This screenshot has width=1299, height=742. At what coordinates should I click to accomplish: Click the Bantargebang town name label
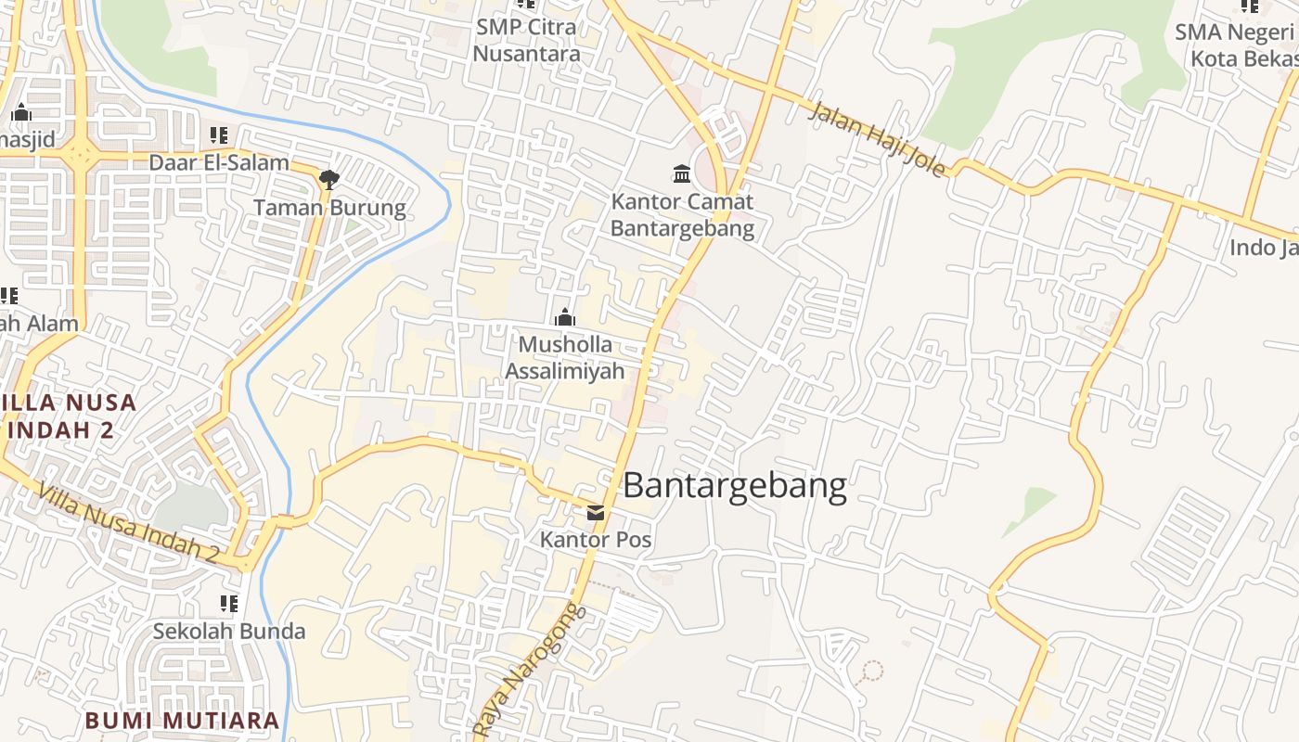tap(735, 486)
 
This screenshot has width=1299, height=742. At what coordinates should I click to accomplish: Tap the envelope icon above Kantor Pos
tap(596, 513)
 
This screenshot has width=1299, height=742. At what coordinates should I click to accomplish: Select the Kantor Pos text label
tap(596, 539)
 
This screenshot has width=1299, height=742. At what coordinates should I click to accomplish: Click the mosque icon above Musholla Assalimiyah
tap(565, 318)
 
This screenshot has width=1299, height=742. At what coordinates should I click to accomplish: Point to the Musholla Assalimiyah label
tap(565, 358)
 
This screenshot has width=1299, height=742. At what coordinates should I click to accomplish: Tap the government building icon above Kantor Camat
tap(682, 173)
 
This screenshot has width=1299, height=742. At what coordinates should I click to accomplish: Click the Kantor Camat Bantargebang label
tap(682, 215)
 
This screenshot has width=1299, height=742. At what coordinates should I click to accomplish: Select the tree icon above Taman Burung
tap(328, 180)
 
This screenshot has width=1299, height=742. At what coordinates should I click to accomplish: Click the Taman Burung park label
tap(329, 208)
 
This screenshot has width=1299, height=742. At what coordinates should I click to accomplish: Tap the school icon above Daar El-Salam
tap(219, 135)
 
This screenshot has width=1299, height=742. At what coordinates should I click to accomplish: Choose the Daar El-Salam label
tap(219, 163)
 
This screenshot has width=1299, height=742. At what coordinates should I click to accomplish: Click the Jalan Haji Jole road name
tap(878, 139)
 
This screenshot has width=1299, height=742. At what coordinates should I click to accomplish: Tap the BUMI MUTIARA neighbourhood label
tap(182, 721)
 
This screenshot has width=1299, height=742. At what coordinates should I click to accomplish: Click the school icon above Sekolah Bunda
tap(229, 605)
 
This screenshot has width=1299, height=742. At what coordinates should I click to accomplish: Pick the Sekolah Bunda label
tap(229, 632)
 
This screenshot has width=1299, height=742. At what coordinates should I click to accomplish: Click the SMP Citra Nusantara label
tap(526, 40)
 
